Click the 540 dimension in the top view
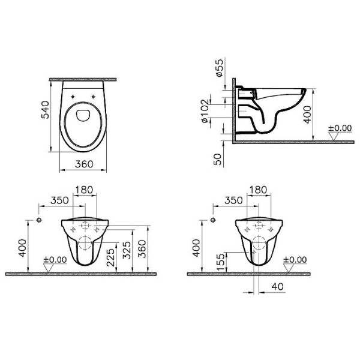click(x=45, y=110)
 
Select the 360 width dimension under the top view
click(x=84, y=164)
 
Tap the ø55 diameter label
click(x=220, y=68)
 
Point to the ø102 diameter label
click(x=205, y=112)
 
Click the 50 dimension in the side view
click(x=218, y=159)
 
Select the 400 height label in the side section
click(x=307, y=115)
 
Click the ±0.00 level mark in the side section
click(x=340, y=128)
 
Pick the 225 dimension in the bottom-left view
click(x=111, y=257)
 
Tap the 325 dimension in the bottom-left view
click(x=127, y=250)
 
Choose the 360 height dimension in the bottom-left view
click(x=142, y=249)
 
